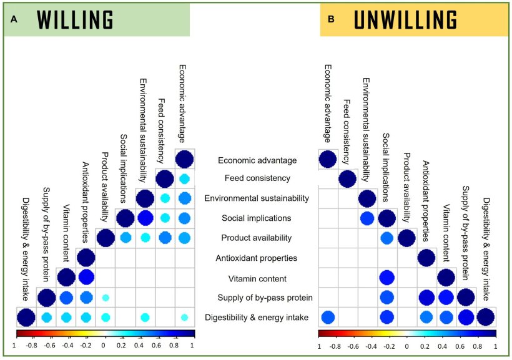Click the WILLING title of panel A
pyautogui.click(x=75, y=21)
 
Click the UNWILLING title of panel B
pyautogui.click(x=405, y=21)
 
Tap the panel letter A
pyautogui.click(x=13, y=19)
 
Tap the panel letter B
pyautogui.click(x=331, y=19)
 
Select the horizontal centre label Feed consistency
pyautogui.click(x=257, y=178)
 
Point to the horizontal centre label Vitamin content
pyautogui.click(x=257, y=278)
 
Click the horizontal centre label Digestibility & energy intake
pyautogui.click(x=257, y=318)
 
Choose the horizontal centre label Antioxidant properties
pyautogui.click(x=257, y=258)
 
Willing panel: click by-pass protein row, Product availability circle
pyautogui.click(x=106, y=298)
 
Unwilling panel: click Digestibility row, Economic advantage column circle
pyautogui.click(x=328, y=318)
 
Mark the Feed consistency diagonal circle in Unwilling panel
pyautogui.click(x=348, y=179)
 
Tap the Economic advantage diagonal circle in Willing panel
pyautogui.click(x=184, y=159)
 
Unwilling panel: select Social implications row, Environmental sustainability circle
pyautogui.click(x=367, y=218)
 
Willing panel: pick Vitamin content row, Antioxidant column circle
pyautogui.click(x=86, y=278)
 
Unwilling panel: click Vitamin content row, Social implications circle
pyautogui.click(x=387, y=278)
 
